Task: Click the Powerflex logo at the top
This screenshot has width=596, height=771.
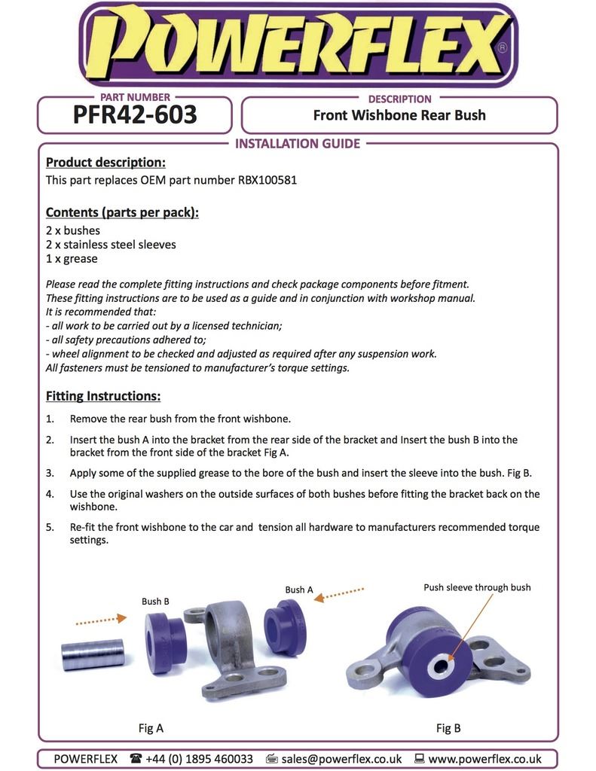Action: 298,44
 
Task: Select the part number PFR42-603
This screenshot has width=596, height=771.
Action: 135,114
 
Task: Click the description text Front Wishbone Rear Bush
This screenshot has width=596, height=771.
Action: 399,115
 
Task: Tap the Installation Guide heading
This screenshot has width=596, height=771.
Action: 298,144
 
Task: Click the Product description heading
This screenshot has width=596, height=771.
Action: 105,163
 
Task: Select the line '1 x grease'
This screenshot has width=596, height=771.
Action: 72,259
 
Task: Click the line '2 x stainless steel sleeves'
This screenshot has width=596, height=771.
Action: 111,245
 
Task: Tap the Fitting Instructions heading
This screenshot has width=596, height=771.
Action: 103,396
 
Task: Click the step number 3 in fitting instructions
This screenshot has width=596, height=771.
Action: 50,474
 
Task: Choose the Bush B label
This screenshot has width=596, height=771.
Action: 155,602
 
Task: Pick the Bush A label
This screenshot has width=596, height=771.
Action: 299,590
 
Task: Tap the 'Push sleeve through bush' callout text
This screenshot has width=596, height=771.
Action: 477,587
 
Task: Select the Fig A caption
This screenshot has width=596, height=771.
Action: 151,728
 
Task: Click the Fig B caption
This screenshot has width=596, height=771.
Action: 448,728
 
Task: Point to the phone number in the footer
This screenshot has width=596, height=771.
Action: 199,759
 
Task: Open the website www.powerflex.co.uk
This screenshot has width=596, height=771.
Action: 484,759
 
